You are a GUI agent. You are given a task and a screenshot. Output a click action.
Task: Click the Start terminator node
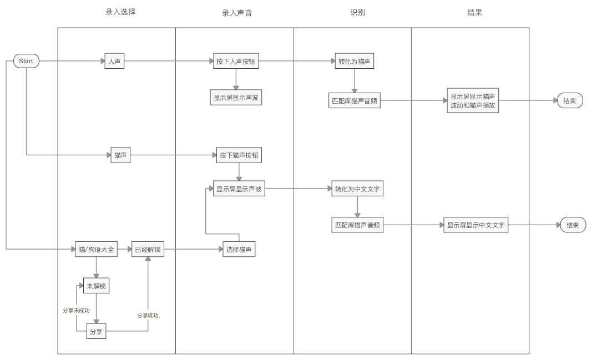[x=26, y=61]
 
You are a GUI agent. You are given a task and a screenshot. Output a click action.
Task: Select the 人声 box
[x=114, y=61]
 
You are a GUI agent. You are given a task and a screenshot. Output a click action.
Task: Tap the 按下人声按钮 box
[x=236, y=61]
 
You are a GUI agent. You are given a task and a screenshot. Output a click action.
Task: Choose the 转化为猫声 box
[x=354, y=61]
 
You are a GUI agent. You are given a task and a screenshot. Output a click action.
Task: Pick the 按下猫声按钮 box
[x=239, y=156]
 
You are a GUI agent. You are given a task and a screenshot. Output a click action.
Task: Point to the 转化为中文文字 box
[x=357, y=189]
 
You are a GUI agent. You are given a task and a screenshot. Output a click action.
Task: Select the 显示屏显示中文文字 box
[x=476, y=225]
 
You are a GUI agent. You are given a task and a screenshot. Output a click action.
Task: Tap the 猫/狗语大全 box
[x=96, y=250]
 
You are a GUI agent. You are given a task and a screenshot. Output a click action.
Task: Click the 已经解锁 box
[x=148, y=250]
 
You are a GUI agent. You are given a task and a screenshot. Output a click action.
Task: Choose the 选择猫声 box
[x=239, y=250]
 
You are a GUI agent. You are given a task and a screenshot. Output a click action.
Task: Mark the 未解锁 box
[x=96, y=286]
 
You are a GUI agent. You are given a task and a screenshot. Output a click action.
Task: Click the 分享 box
[x=96, y=332]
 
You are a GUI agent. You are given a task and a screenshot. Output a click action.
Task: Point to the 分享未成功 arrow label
[x=75, y=310]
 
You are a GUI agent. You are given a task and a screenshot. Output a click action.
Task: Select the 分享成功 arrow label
[x=148, y=315]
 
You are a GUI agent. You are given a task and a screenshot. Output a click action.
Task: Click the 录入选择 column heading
[x=120, y=11]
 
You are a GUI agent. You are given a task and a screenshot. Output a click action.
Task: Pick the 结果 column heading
[x=475, y=12]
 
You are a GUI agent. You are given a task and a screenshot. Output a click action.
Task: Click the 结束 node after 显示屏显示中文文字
[x=573, y=225]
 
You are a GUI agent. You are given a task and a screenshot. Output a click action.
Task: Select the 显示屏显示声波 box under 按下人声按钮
[x=236, y=98]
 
